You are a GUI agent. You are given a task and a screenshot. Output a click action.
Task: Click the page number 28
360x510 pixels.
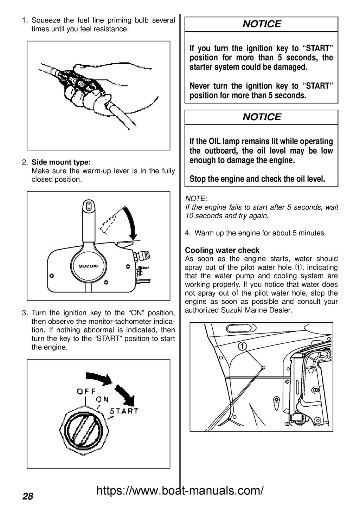28,496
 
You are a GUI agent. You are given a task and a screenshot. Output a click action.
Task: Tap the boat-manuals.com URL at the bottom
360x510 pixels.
180,490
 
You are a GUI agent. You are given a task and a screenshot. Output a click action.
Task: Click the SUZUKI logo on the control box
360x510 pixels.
88,266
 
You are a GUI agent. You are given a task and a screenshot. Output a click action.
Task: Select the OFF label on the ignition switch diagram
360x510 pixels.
86,391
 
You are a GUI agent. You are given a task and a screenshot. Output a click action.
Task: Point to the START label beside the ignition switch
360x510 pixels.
124,411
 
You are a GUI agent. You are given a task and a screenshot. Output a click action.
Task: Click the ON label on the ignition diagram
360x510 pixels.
102,399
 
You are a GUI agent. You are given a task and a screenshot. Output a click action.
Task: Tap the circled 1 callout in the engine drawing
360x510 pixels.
242,346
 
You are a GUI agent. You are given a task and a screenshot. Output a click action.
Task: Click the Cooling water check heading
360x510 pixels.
222,250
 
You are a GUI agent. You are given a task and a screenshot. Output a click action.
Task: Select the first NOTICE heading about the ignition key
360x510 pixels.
262,24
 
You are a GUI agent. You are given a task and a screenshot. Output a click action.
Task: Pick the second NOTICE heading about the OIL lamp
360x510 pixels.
262,117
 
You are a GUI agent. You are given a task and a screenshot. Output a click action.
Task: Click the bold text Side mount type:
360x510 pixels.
61,162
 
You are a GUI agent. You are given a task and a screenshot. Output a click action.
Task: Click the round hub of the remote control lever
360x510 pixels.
88,266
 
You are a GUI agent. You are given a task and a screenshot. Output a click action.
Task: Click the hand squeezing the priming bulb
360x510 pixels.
105,84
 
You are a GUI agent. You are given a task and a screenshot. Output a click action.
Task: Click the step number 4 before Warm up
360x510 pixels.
188,233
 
